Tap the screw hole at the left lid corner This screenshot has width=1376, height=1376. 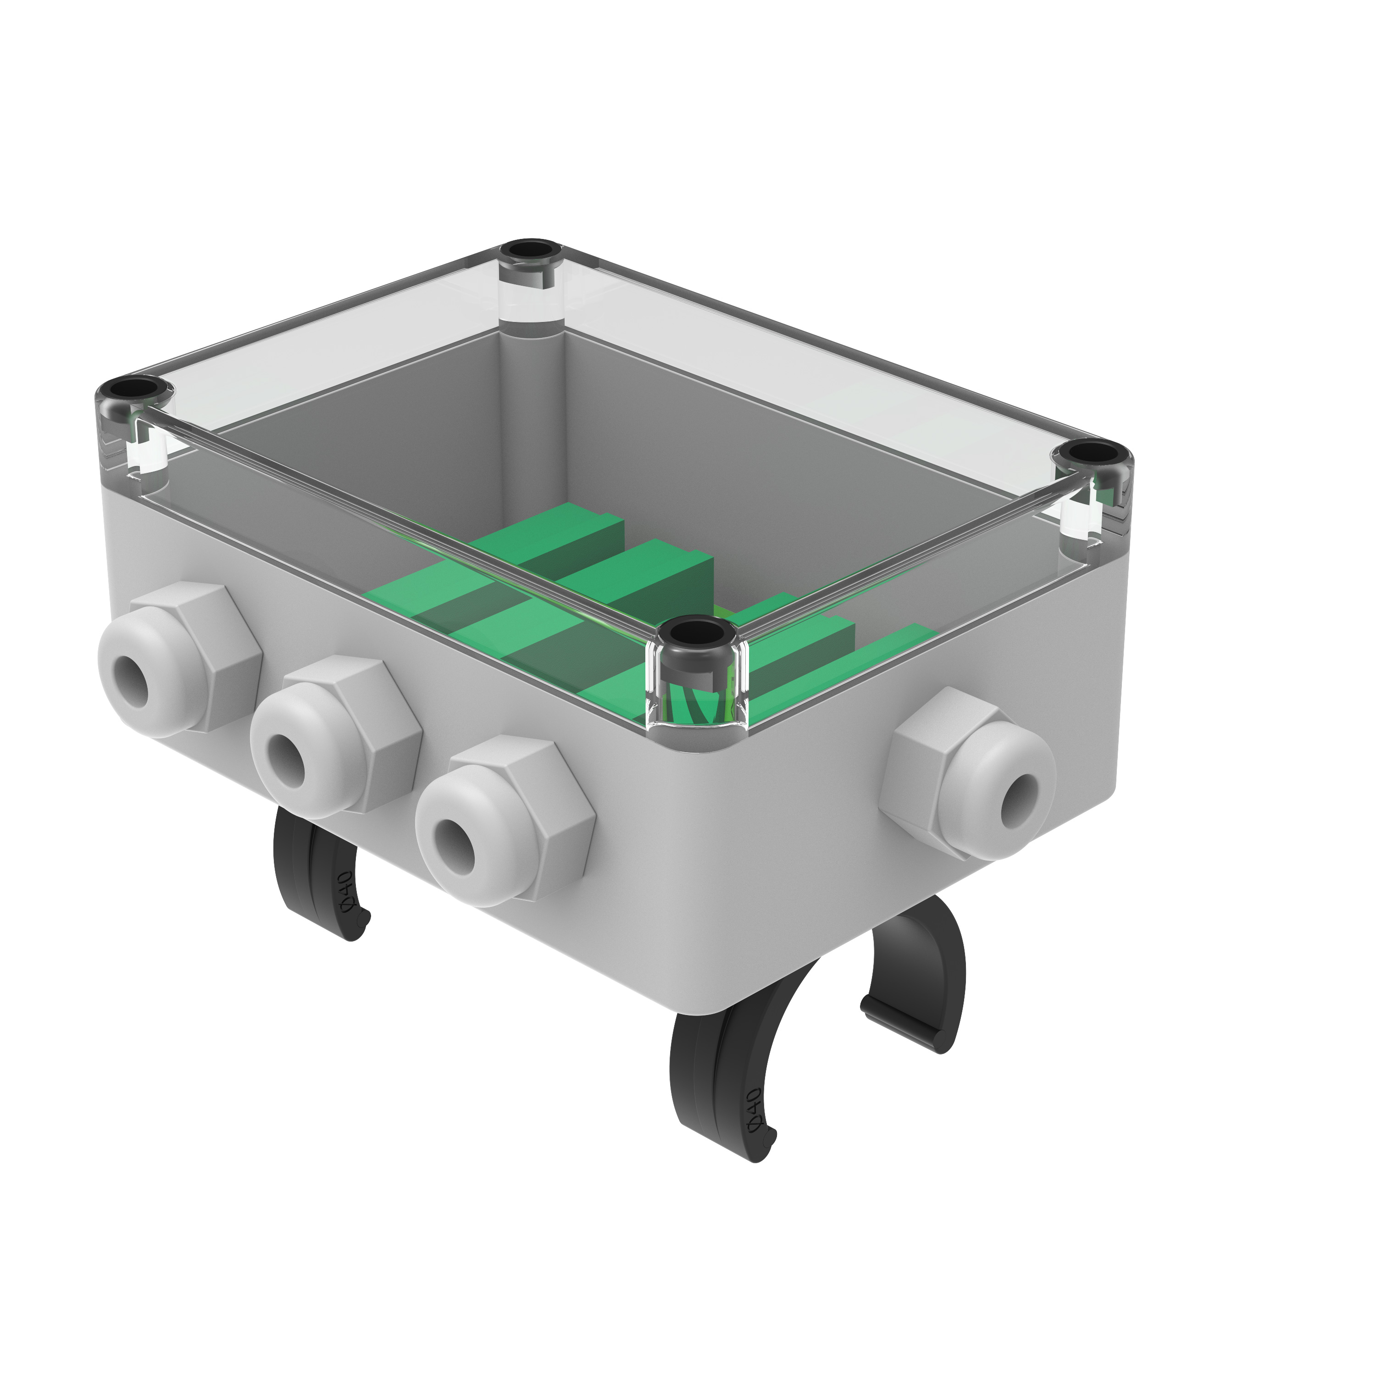coord(133,390)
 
